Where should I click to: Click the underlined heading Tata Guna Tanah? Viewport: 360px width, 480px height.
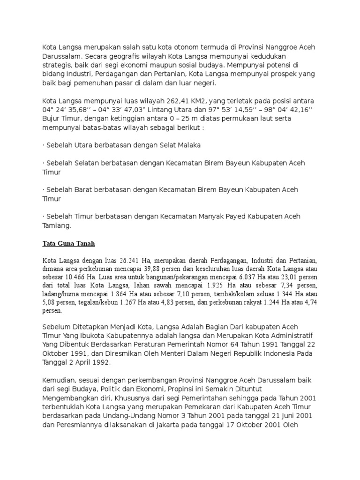coord(69,243)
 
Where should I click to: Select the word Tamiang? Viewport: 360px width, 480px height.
coord(56,225)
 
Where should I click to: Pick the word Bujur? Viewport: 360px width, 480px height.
coord(52,119)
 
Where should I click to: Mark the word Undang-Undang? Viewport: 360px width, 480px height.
coord(112,415)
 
